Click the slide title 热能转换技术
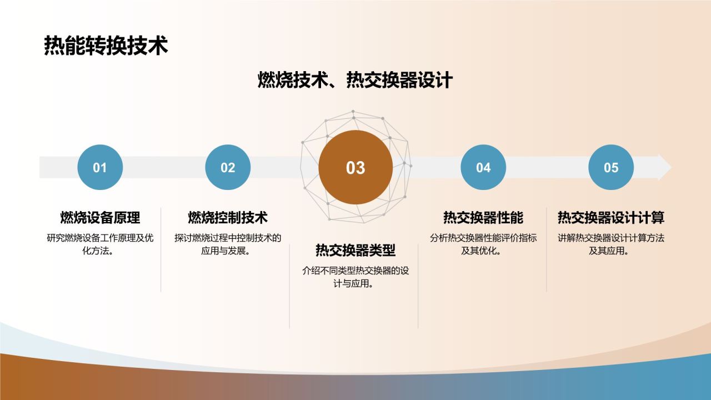106,46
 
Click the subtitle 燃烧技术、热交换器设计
355,80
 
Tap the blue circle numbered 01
100,167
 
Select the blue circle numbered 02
228,167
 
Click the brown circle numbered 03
355,167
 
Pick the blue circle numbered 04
483,167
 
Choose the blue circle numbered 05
611,167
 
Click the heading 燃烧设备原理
100,217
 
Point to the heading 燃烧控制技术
228,217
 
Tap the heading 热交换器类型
355,251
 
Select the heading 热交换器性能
483,217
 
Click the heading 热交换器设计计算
611,217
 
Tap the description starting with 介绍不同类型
355,277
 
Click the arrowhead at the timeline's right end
665,167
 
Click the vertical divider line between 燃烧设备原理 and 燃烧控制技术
161,250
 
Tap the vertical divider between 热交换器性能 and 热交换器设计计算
547,250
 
